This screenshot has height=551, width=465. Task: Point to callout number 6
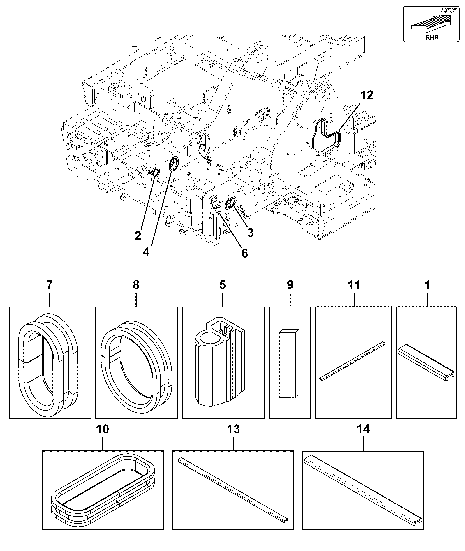pos(245,253)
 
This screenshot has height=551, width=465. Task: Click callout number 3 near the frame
pos(250,233)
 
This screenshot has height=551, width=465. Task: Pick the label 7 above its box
pos(50,285)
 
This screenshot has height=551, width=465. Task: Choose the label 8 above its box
pos(136,285)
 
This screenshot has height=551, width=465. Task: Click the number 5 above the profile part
pos(223,285)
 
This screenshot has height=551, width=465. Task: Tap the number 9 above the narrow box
pos(290,285)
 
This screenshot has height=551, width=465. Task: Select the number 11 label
pos(354,285)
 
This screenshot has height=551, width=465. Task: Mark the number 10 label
pos(102,429)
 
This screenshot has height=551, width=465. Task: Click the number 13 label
pos(233,429)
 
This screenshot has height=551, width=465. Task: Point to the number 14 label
pos(363,429)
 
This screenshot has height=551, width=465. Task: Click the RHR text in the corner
pos(432,37)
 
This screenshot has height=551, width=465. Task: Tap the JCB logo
pos(445,11)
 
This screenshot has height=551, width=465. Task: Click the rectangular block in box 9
pos(289,363)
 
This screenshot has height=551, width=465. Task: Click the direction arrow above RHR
pos(431,24)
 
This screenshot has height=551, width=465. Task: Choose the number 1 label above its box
pos(428,285)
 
